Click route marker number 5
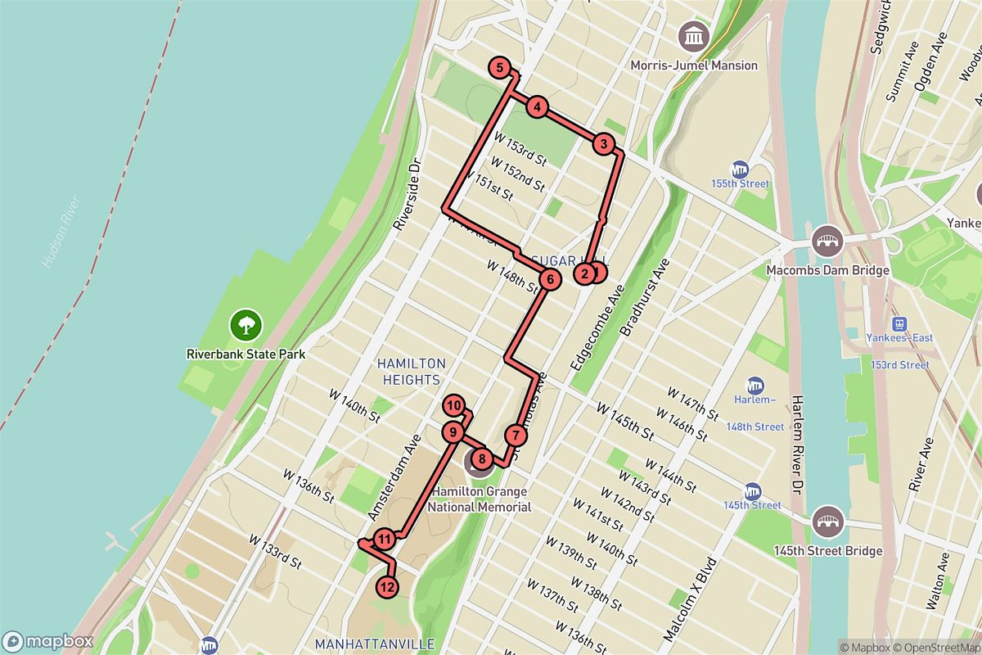[499, 68]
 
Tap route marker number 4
[536, 106]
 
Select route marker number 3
[603, 144]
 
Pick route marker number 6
[550, 280]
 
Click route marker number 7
[514, 435]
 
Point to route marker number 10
[455, 405]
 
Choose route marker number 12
[388, 586]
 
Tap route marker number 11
[385, 539]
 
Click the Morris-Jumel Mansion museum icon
[694, 36]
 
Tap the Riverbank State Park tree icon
[245, 325]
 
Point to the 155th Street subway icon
[741, 169]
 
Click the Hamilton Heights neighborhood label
[411, 371]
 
